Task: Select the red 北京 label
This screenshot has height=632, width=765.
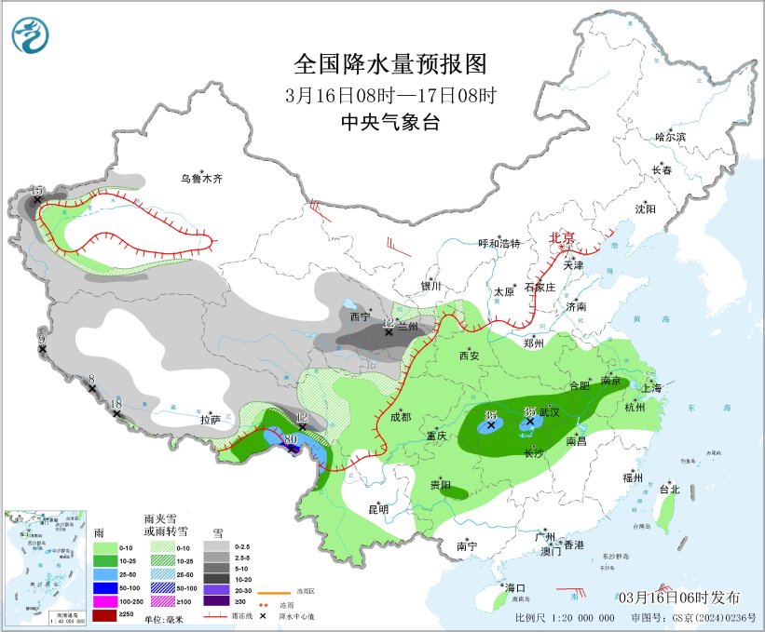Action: click(x=564, y=237)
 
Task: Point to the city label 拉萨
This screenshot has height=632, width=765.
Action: click(x=210, y=421)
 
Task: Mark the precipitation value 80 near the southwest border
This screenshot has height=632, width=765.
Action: click(x=291, y=438)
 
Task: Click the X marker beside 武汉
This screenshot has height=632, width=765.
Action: click(x=530, y=422)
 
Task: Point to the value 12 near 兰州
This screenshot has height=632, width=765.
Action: click(x=390, y=322)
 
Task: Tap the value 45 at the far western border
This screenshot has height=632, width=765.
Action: click(x=37, y=191)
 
